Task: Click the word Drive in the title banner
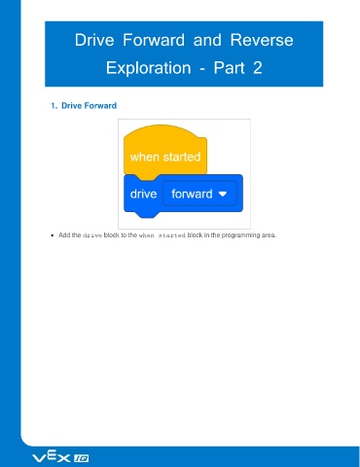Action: click(94, 40)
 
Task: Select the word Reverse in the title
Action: click(262, 40)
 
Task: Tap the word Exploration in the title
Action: click(148, 68)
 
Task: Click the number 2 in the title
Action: click(257, 68)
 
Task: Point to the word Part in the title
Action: click(229, 68)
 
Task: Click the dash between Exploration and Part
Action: click(202, 69)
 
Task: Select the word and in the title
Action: click(207, 40)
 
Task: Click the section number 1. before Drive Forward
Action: click(54, 106)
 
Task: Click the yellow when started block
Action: click(165, 153)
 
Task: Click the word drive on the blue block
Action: click(143, 194)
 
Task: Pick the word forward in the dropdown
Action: click(192, 194)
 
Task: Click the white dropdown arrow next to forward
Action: click(223, 194)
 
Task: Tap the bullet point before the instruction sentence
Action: click(53, 235)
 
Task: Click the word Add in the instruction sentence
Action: click(64, 235)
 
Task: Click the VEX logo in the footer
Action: click(51, 457)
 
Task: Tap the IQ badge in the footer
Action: click(82, 458)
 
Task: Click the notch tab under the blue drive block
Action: click(147, 215)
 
